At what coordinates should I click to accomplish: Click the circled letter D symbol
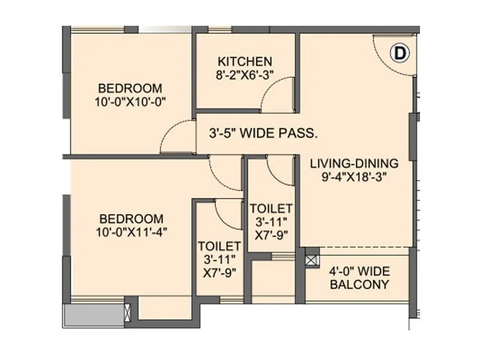point(399,53)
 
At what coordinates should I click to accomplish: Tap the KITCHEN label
point(245,61)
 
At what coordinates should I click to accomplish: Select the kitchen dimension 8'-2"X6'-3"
point(245,75)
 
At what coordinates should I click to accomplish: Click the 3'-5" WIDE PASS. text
point(263,133)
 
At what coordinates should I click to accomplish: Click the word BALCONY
point(359,284)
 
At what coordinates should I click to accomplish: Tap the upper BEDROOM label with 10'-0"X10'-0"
point(130,86)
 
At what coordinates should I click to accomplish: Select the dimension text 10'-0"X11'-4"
point(131,232)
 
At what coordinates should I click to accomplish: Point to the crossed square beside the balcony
point(312,260)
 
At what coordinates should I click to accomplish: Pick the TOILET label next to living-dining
point(271,208)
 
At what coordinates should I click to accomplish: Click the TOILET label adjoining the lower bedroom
point(220,246)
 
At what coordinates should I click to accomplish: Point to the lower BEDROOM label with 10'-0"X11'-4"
point(131,218)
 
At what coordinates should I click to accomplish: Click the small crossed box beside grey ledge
point(127,313)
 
